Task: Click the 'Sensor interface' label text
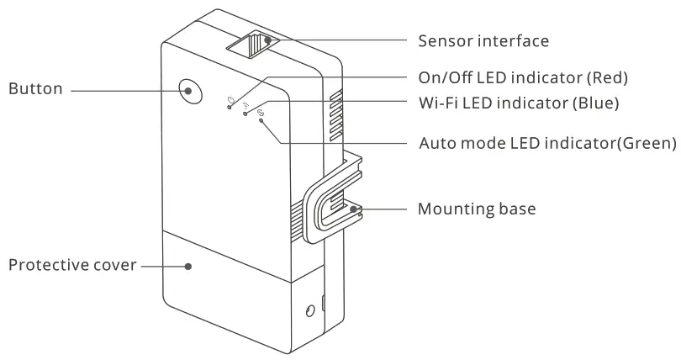[x=483, y=40]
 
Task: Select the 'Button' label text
[x=35, y=88]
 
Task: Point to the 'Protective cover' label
[x=71, y=265]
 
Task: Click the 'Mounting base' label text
[x=477, y=209]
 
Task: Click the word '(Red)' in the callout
[x=606, y=77]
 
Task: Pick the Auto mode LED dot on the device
[x=261, y=121]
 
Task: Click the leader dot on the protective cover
[x=188, y=266]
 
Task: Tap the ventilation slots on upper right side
[x=335, y=114]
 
